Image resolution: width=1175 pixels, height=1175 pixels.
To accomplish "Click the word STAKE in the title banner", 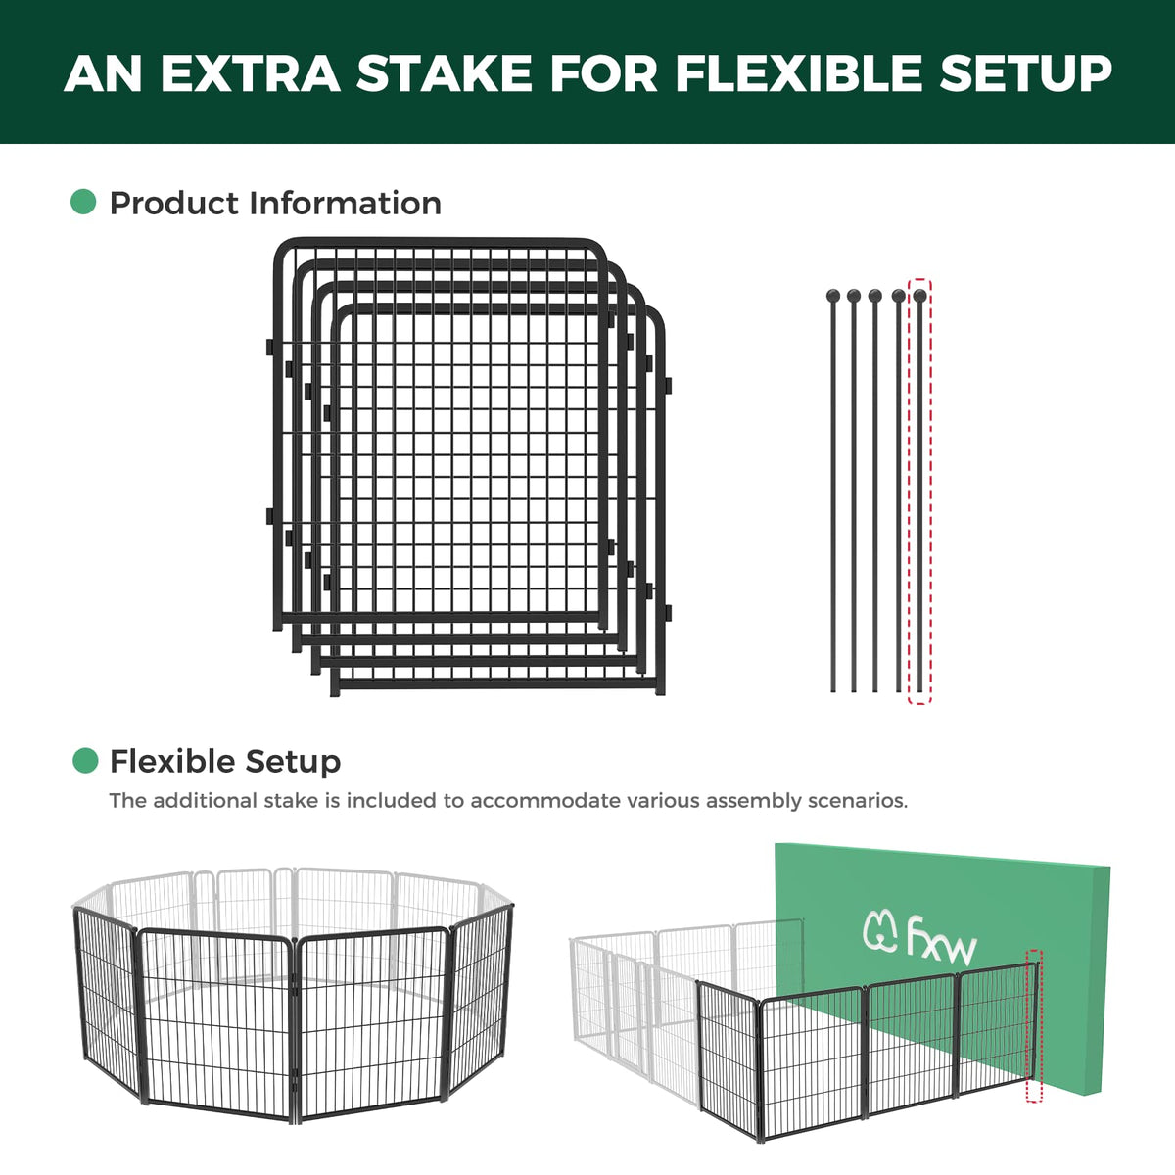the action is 445,73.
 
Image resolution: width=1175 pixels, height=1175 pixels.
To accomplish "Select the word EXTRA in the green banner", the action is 250,73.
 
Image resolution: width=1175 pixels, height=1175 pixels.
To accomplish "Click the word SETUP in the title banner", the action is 1025,73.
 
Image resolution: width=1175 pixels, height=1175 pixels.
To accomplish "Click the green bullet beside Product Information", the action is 83,202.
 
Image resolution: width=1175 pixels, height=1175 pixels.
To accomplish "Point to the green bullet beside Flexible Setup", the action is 85,761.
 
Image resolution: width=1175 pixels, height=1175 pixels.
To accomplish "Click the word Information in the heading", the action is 345,203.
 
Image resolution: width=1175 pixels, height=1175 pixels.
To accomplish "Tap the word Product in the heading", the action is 175,203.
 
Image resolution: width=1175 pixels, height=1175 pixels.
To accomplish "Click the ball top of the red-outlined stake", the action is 920,297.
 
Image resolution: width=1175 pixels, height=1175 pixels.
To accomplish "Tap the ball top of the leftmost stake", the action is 833,297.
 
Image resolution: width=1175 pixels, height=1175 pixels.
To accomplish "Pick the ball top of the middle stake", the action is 875,297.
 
